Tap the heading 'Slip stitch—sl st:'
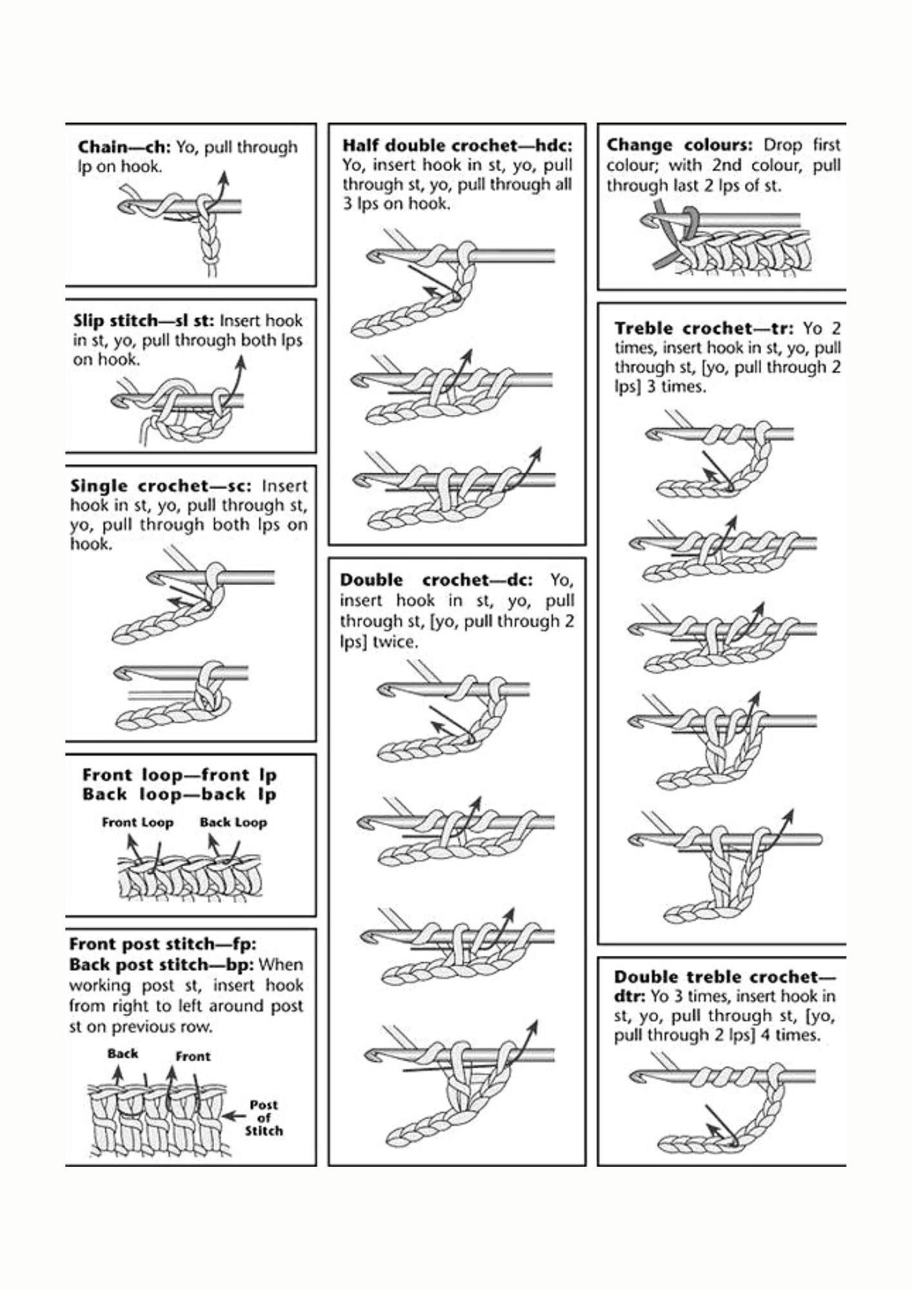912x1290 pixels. click(x=144, y=321)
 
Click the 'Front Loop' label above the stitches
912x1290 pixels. click(x=137, y=822)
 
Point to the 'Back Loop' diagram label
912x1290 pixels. click(x=233, y=822)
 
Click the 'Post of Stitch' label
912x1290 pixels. click(x=263, y=1118)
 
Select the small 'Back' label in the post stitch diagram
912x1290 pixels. click(x=123, y=1054)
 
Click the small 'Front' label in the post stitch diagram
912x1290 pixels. click(x=193, y=1057)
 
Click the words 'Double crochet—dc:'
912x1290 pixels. click(x=436, y=580)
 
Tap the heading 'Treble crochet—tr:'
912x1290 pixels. click(x=704, y=328)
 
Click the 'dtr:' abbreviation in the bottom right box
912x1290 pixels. click(x=629, y=997)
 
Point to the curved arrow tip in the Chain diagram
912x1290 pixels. click(x=223, y=174)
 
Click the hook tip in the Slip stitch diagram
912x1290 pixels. click(x=118, y=402)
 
